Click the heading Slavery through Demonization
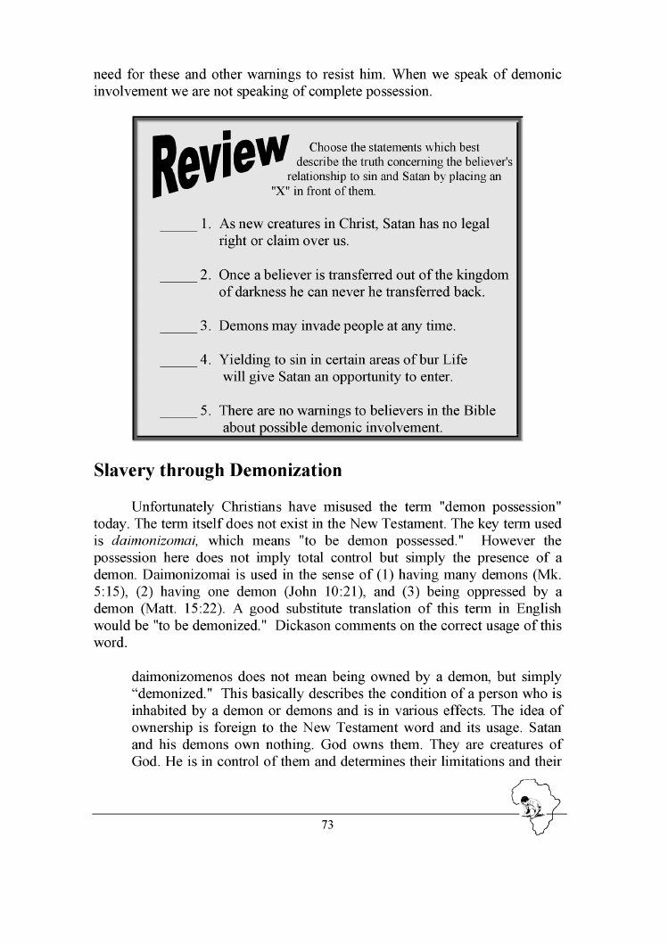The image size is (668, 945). coord(218,470)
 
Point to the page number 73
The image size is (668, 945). coord(327,825)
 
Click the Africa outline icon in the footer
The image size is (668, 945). coord(535,805)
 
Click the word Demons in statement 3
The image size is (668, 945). coord(243,325)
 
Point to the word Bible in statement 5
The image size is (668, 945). coord(476,410)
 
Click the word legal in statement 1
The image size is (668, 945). coord(470,224)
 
